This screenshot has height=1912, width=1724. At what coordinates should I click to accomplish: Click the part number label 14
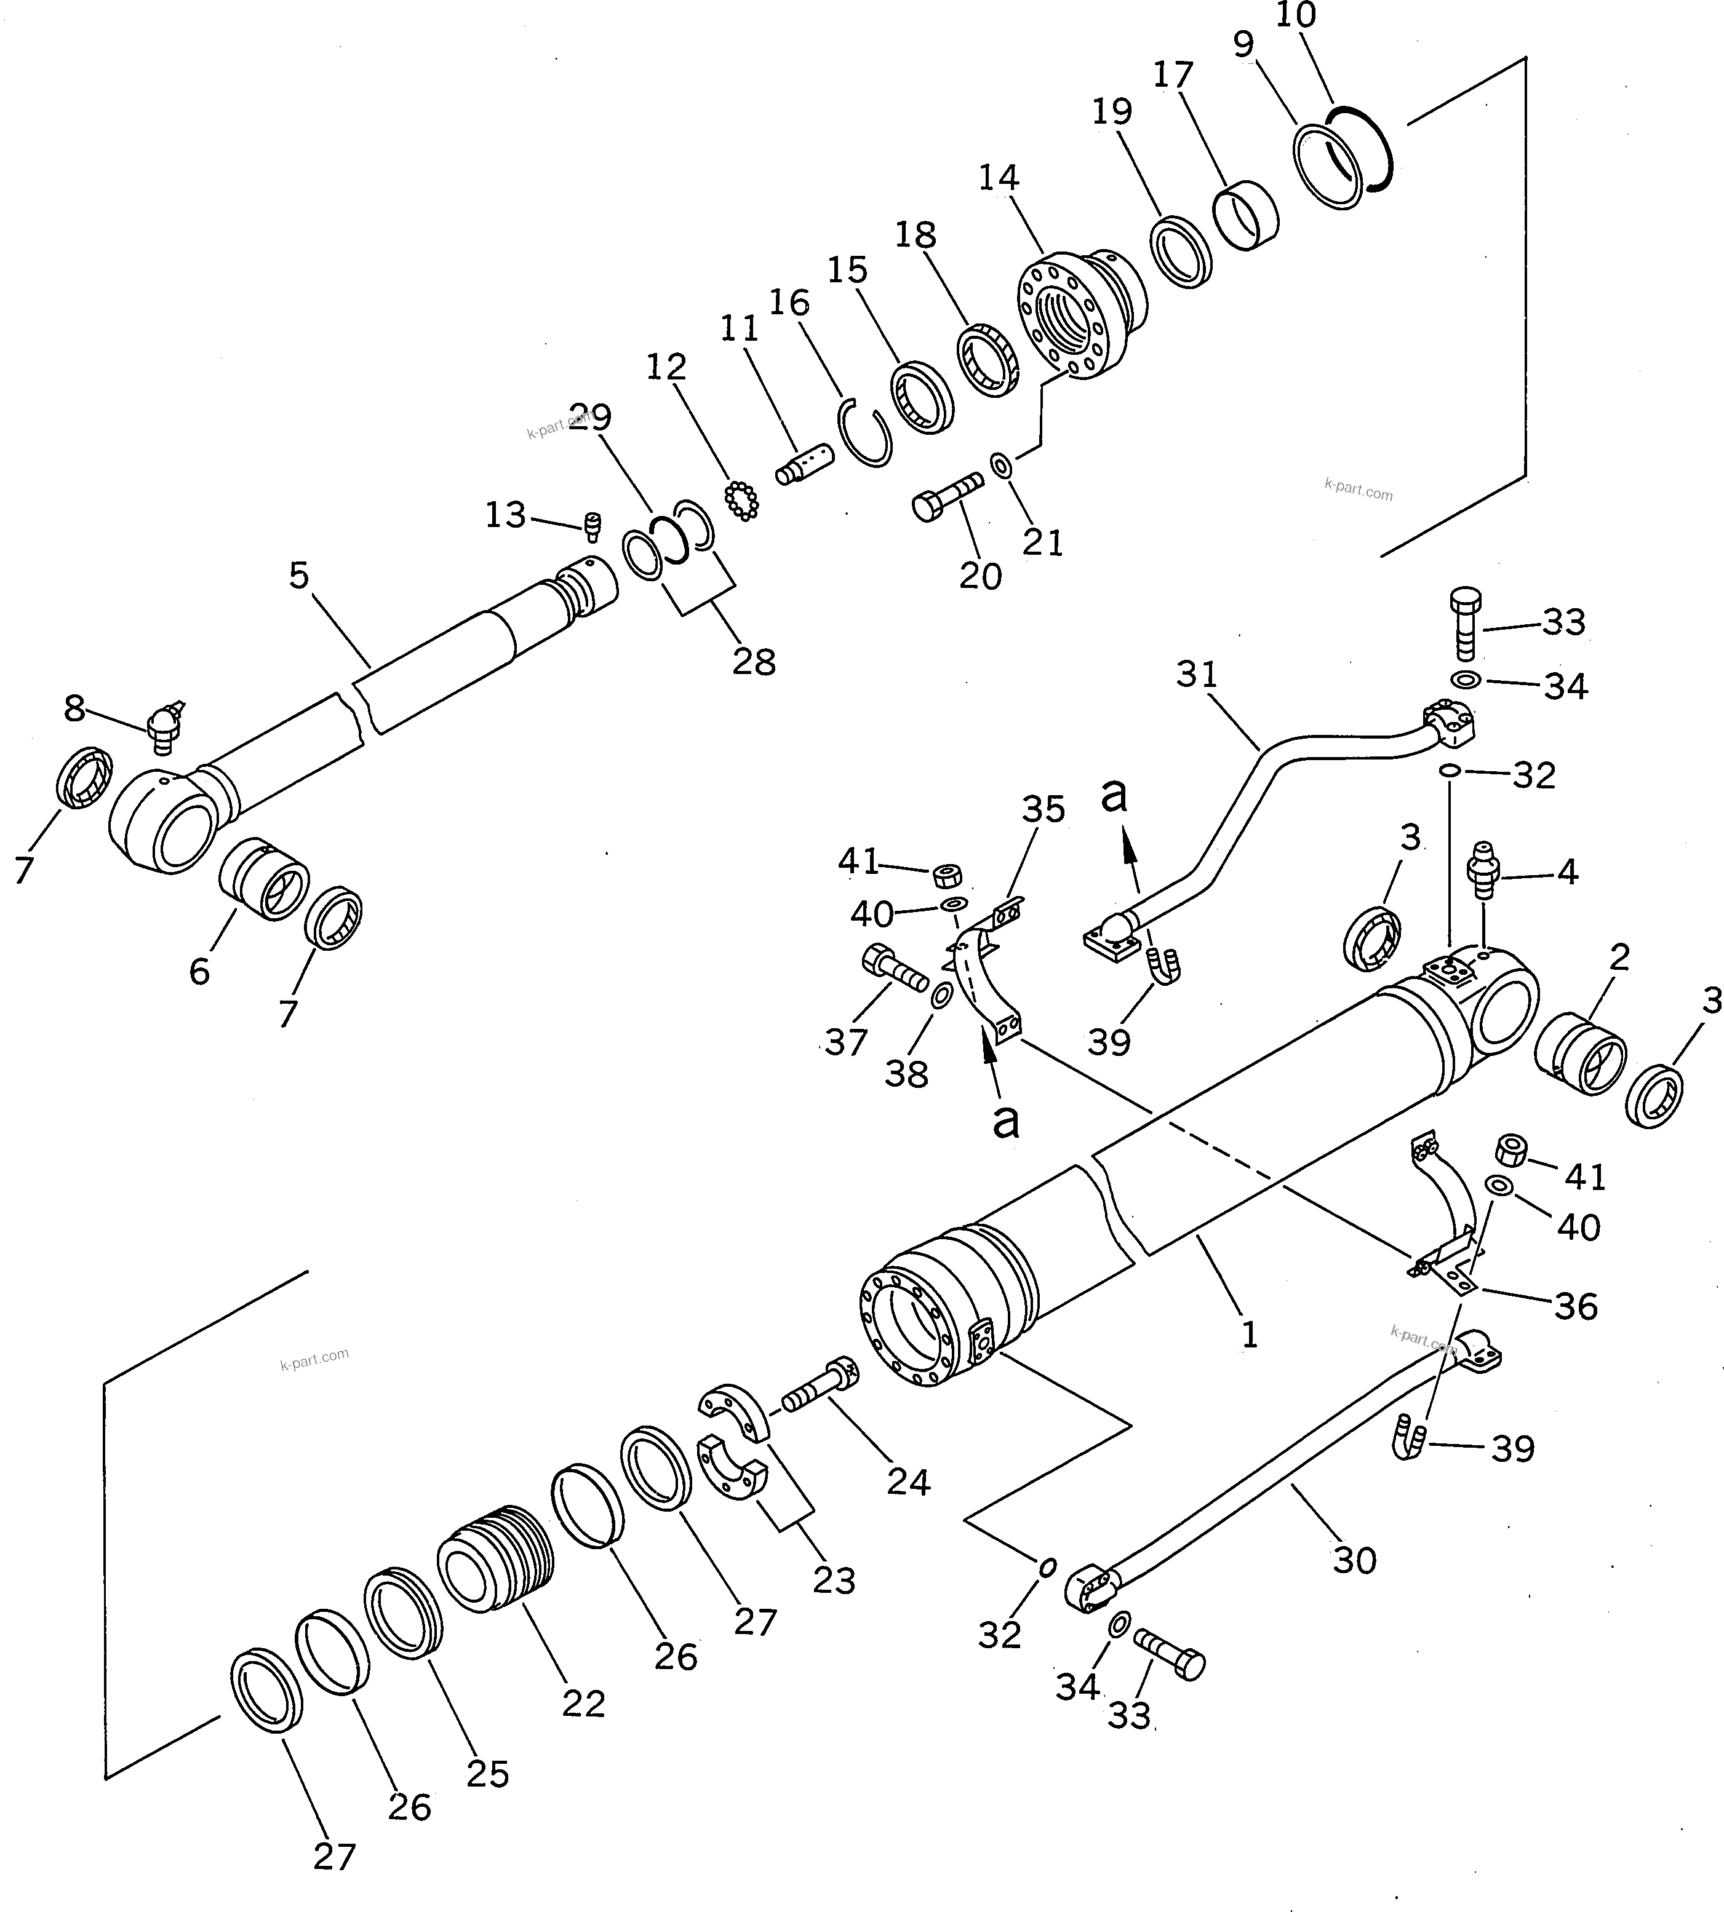999,178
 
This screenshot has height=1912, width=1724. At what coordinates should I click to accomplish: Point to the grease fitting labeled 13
594,526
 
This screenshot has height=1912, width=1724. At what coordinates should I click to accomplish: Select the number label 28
754,662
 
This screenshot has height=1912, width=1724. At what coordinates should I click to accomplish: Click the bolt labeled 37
893,970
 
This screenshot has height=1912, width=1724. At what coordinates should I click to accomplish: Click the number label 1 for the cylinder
1250,1335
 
